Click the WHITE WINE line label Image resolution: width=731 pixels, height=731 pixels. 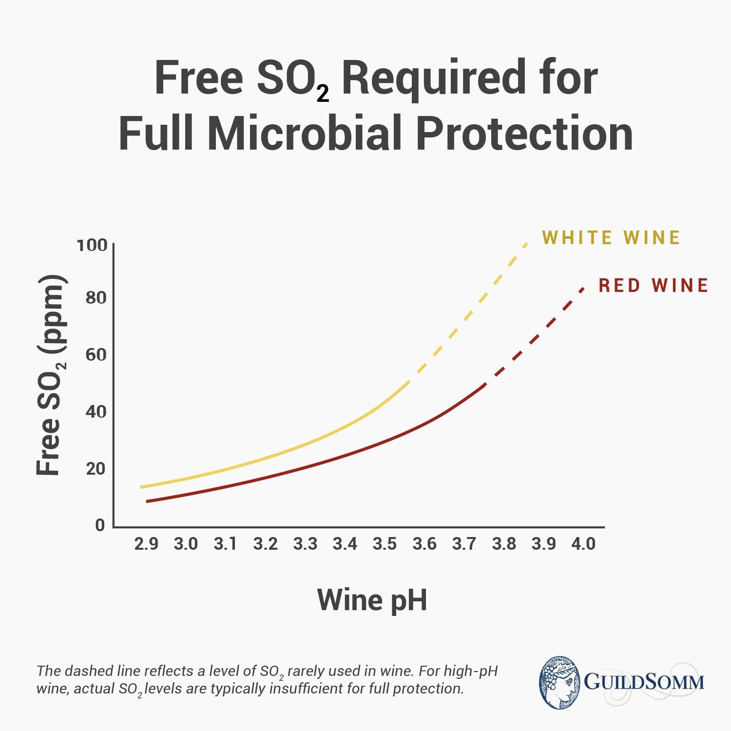611,238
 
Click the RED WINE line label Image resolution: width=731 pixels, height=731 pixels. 653,286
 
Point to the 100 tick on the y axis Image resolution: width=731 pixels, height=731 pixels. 92,245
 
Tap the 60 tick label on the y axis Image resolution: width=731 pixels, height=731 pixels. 96,354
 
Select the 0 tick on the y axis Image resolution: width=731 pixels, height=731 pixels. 100,525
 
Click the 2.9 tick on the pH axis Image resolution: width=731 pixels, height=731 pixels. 146,543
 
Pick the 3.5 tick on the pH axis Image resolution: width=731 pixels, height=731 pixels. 385,543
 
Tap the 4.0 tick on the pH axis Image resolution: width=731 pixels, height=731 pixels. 583,543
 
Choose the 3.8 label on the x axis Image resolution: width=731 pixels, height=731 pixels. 504,543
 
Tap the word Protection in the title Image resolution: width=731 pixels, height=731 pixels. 524,133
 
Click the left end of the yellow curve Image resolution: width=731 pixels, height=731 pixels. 141,487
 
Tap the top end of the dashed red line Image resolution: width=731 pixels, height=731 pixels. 582,289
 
